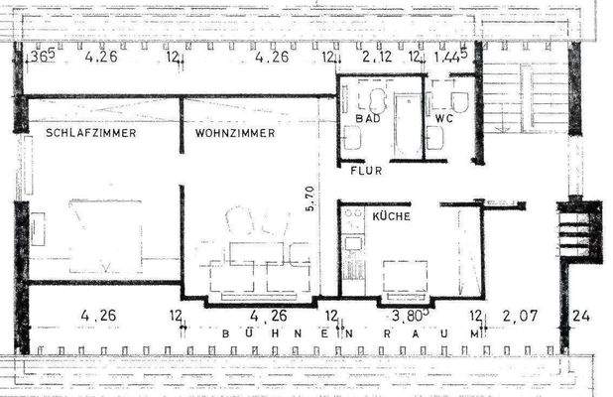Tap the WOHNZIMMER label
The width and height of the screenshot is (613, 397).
pos(234,132)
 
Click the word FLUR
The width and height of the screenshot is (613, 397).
pos(366,170)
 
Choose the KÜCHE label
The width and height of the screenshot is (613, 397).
pos(391,214)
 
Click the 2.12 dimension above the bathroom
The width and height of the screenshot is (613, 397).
pos(377,58)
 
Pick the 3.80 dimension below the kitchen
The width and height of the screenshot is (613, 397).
pos(408,317)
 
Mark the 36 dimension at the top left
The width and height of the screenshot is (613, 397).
pos(41,58)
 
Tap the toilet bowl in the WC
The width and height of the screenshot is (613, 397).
pos(460,102)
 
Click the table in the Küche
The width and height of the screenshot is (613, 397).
pos(406,277)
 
